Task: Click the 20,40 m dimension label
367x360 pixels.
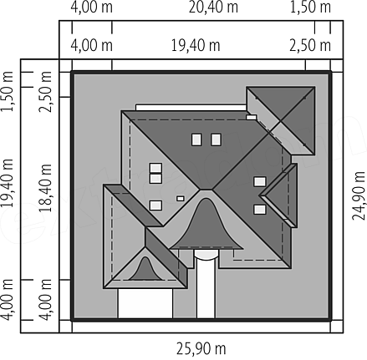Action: click(213, 8)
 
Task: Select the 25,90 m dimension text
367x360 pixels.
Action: click(201, 348)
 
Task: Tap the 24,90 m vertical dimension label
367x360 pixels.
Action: click(359, 195)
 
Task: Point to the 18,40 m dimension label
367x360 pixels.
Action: click(45, 188)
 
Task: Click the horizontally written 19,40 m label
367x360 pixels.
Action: click(196, 45)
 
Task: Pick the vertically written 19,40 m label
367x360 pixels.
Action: click(7, 183)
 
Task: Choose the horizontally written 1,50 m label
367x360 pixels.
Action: click(310, 8)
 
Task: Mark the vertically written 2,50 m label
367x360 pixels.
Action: click(45, 92)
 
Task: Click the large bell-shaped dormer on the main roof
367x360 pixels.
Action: click(206, 226)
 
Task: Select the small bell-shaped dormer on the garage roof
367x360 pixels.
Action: click(145, 270)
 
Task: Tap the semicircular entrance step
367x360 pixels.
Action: click(206, 254)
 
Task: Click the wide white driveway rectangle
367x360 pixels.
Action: click(145, 303)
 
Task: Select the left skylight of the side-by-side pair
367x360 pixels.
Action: click(196, 139)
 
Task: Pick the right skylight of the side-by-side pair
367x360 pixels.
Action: click(216, 139)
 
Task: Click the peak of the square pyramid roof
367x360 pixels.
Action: click(281, 121)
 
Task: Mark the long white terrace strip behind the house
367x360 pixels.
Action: click(191, 108)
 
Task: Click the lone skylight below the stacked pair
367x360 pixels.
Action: click(155, 205)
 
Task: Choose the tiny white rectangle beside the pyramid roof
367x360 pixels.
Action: click(251, 117)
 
